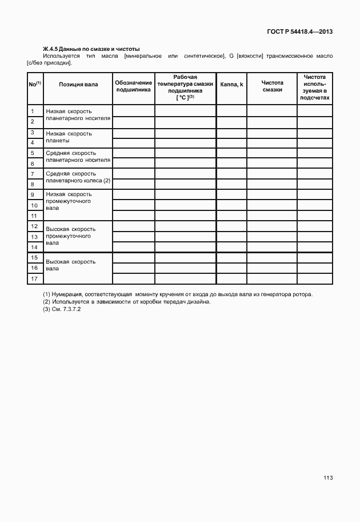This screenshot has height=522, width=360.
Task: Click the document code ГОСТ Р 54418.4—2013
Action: tap(299, 32)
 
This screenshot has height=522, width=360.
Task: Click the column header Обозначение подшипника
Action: tap(134, 86)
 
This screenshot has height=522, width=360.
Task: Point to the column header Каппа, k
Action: tap(231, 85)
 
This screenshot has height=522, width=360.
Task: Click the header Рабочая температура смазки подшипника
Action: tap(185, 87)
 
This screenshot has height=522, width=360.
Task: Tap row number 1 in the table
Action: tap(33, 111)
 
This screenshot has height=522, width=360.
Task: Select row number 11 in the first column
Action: tap(33, 216)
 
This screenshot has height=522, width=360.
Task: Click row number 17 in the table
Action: tap(34, 278)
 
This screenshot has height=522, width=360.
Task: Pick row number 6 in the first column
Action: tap(33, 164)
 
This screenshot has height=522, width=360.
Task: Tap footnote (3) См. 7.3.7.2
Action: tap(62, 309)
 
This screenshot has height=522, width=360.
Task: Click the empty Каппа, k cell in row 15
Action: tap(231, 258)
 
